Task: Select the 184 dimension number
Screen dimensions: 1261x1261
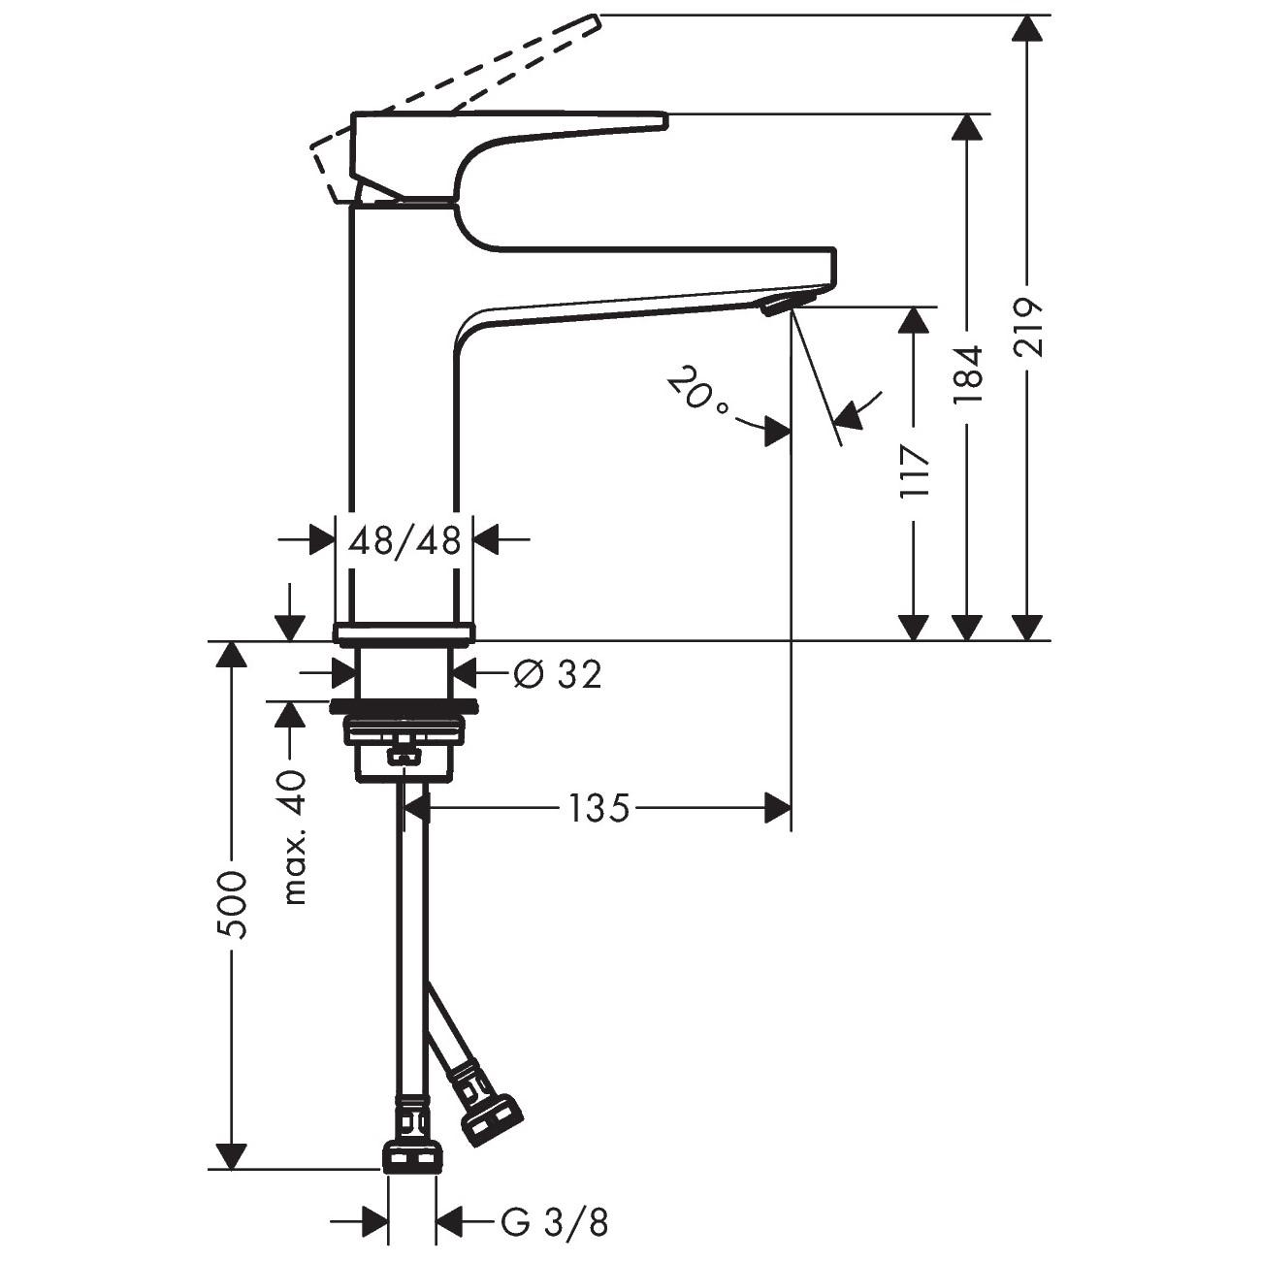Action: pos(968,374)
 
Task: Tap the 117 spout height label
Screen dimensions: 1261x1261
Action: pos(915,470)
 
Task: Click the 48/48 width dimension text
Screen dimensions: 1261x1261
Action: pos(404,540)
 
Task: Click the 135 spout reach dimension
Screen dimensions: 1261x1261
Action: pos(598,807)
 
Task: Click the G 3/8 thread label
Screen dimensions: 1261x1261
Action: pos(556,1222)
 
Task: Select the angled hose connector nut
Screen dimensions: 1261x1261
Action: pos(492,1121)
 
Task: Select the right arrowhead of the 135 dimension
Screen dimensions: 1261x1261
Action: pos(778,807)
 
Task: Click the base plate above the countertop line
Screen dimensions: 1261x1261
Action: pos(404,633)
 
